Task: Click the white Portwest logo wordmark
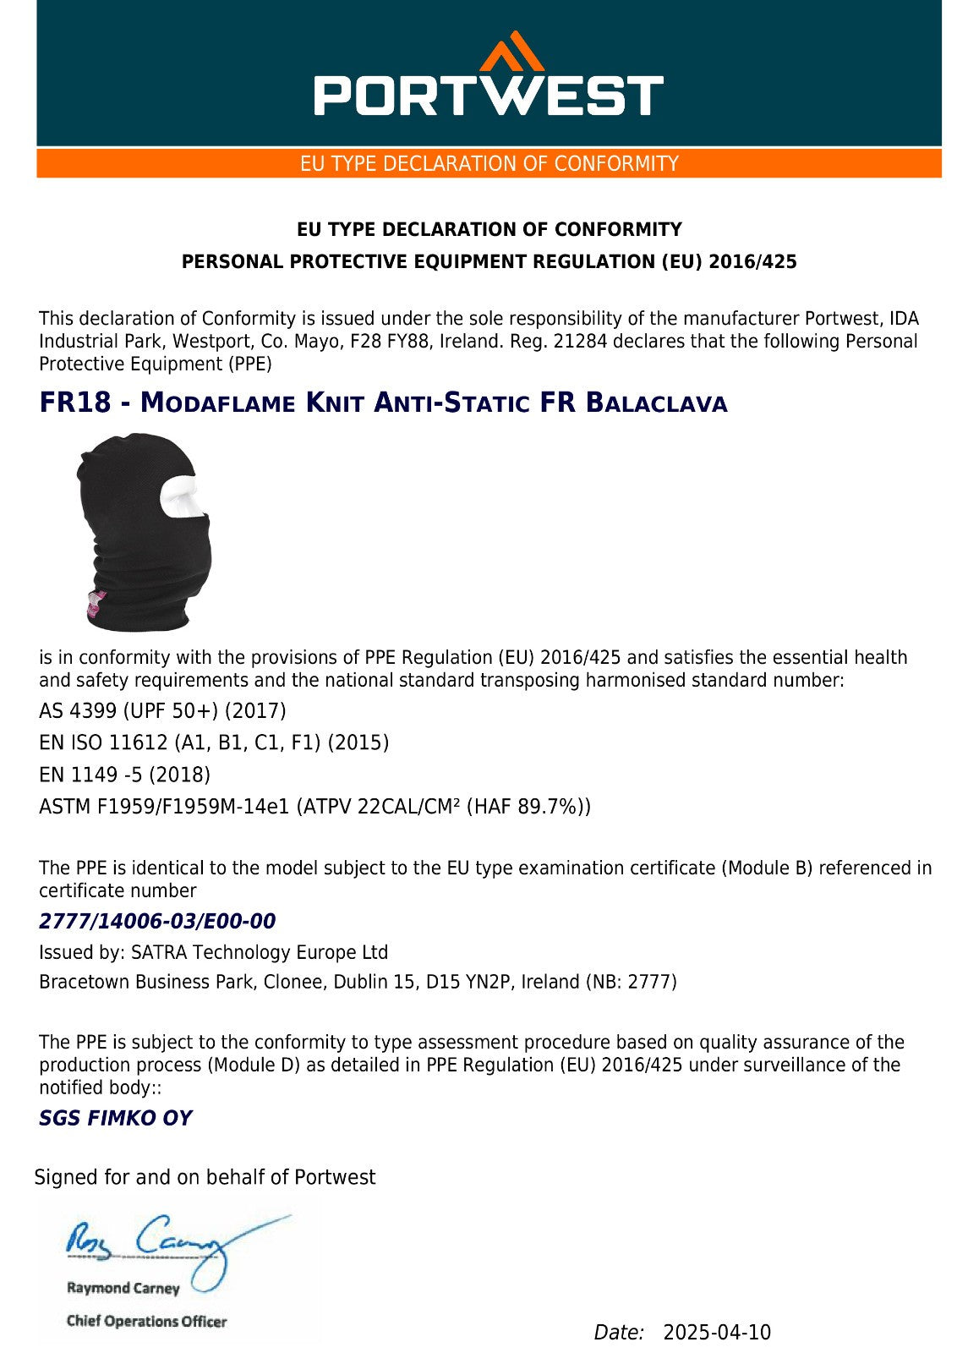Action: pos(489,95)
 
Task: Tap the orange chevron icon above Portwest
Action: pos(511,52)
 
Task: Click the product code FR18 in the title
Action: pos(74,403)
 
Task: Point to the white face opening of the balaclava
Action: pos(183,497)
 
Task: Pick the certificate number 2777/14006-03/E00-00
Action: pos(157,921)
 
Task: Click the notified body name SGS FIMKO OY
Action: pos(115,1118)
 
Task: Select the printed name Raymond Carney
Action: pos(123,1288)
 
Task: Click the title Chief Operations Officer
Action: pos(146,1321)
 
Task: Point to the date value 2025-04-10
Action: pos(717,1333)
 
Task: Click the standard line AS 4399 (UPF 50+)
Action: pos(162,710)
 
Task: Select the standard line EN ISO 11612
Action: pos(214,742)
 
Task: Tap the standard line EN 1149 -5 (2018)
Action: pos(124,775)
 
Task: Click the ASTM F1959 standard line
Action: pos(314,807)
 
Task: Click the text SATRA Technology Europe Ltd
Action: pos(259,953)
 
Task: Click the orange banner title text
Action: pos(489,163)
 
